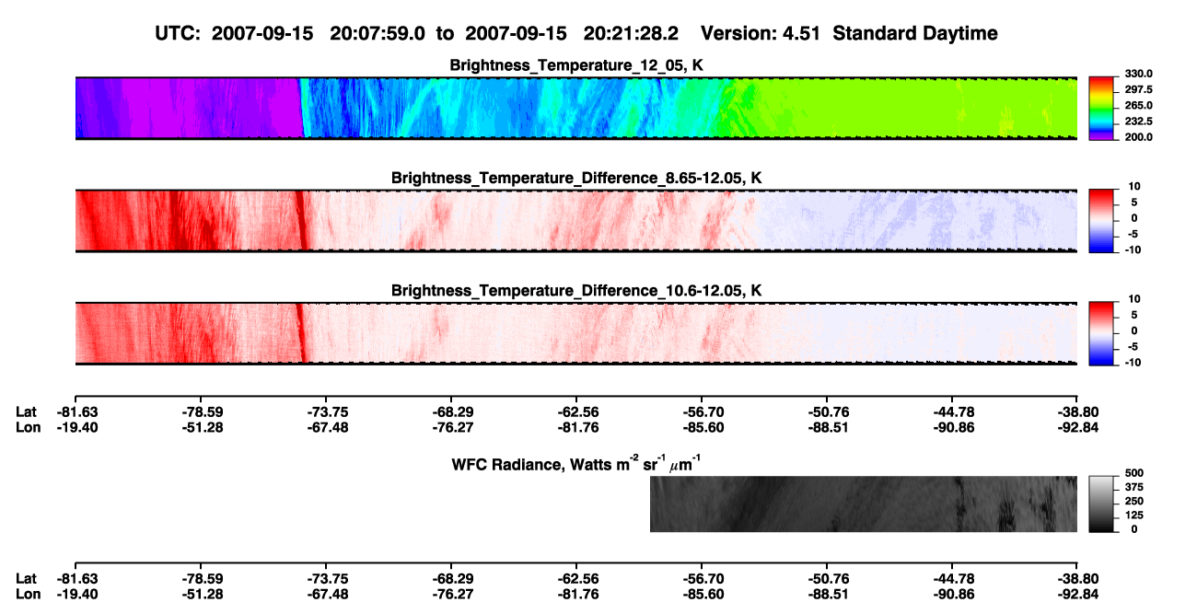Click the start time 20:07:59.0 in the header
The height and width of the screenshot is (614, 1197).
[x=378, y=34]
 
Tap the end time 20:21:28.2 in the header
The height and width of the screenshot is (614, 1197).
[x=631, y=34]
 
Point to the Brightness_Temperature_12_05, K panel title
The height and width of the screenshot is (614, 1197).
[x=576, y=65]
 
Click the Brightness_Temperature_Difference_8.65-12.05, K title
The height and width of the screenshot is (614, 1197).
[x=576, y=178]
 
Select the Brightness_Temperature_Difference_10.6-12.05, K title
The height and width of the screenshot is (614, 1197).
[x=576, y=291]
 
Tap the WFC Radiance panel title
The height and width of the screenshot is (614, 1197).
[x=576, y=464]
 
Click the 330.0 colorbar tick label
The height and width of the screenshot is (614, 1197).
[x=1138, y=74]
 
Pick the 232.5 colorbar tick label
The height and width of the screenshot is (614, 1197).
[x=1138, y=122]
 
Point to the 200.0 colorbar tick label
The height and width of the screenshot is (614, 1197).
[x=1138, y=137]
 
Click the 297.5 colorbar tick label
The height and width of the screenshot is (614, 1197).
[x=1138, y=90]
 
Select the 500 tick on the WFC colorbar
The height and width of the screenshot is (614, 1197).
[x=1134, y=473]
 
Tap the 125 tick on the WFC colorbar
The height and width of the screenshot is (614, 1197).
[x=1134, y=516]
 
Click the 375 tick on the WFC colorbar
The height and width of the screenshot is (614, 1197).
[x=1134, y=487]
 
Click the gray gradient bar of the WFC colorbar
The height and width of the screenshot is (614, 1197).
[x=1101, y=504]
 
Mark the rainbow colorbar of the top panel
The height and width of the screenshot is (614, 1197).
[x=1101, y=109]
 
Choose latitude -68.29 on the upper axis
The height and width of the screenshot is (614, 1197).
[x=452, y=412]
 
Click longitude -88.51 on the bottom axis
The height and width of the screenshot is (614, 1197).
[x=828, y=595]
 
